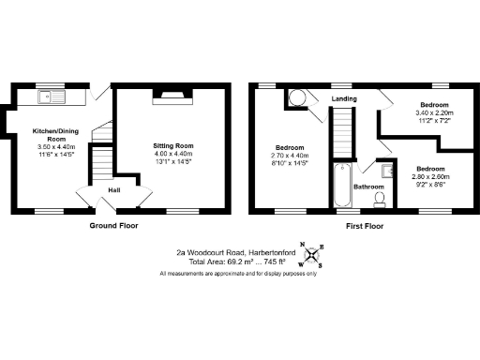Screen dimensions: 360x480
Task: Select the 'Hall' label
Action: [113, 190]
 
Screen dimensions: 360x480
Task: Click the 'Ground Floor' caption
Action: [116, 227]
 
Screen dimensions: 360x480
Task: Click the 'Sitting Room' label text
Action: [173, 146]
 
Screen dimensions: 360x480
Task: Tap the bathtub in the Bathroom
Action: [340, 186]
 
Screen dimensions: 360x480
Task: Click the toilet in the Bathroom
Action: [379, 197]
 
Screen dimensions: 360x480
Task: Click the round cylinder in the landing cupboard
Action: [298, 97]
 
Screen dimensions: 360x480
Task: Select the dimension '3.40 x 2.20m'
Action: [434, 113]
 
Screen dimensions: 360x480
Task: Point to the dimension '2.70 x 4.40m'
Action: [290, 156]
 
